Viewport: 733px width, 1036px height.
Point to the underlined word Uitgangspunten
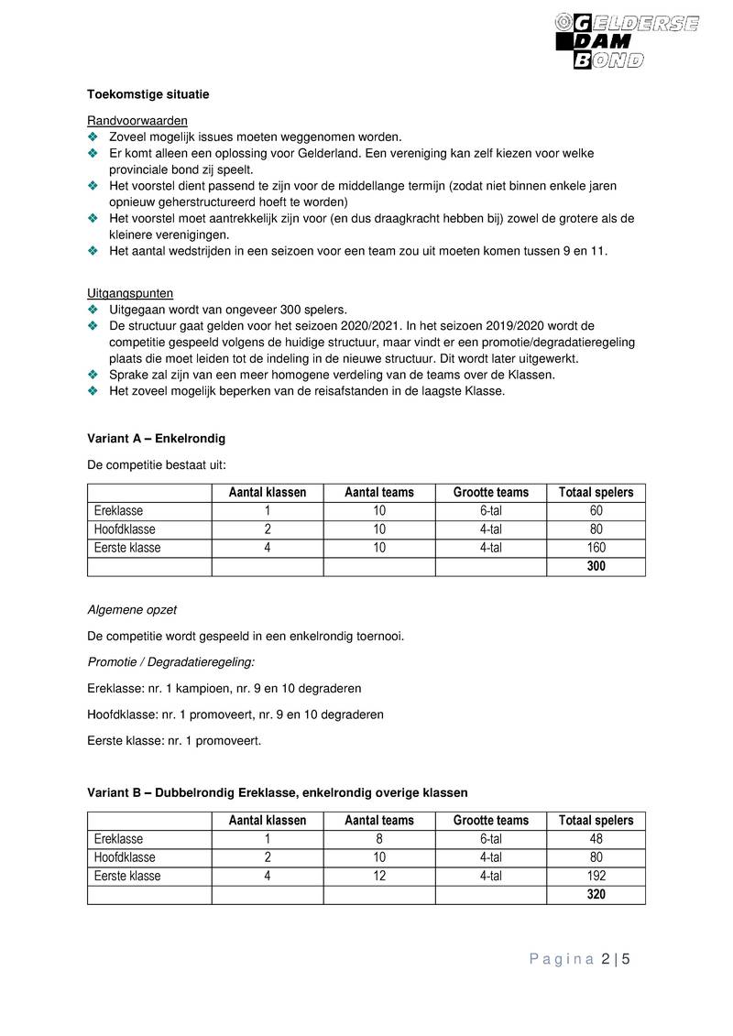129,293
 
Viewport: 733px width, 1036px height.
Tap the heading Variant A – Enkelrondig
156,439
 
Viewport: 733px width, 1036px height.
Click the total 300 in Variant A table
596,567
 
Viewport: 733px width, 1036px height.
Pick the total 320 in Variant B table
596,895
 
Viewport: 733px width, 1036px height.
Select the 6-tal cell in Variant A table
490,511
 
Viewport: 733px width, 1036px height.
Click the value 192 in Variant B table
596,877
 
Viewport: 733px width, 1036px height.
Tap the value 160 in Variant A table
596,548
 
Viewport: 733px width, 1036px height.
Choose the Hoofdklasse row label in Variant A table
125,529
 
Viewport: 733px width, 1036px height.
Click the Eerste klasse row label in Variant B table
127,877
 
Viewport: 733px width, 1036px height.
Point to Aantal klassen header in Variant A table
268,493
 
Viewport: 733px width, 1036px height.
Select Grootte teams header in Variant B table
490,821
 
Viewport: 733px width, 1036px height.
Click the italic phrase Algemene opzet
132,609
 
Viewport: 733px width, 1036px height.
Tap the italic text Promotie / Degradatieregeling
171,661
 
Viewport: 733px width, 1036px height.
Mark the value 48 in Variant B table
596,839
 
